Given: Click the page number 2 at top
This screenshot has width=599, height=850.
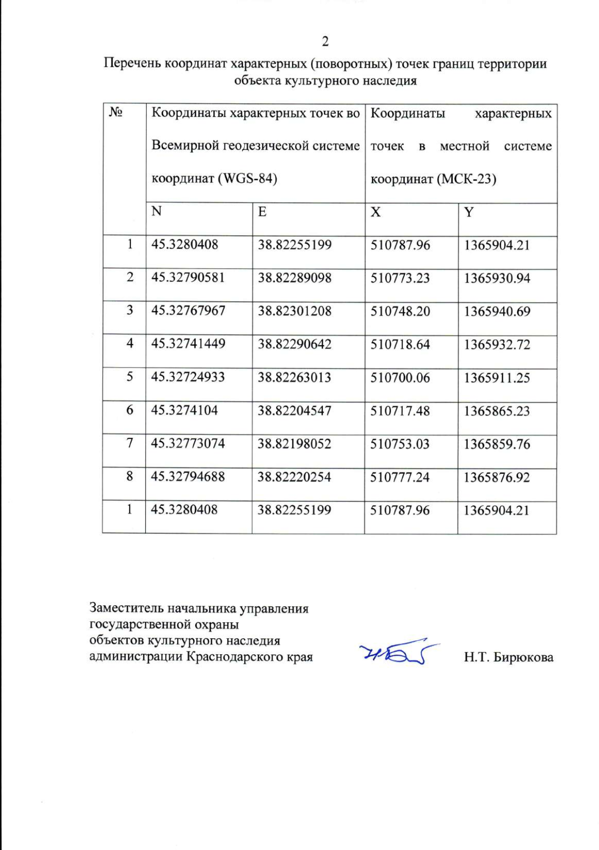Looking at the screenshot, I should (x=325, y=41).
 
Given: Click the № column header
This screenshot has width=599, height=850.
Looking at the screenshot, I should (x=116, y=112).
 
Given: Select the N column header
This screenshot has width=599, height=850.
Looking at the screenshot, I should (x=157, y=211).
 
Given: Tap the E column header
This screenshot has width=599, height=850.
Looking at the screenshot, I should (x=262, y=212).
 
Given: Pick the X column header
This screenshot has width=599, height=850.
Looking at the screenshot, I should (x=375, y=212).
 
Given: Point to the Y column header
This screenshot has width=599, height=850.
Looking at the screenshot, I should (x=468, y=212).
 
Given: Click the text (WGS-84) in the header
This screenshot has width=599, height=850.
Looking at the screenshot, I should (x=248, y=178).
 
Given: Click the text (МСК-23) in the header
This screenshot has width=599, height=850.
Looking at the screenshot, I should (x=466, y=179).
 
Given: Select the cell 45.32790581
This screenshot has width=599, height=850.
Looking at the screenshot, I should (x=188, y=277).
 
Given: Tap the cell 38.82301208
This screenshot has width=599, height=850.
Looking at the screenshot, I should (x=295, y=311).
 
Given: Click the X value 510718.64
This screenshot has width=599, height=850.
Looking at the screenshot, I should (x=400, y=344).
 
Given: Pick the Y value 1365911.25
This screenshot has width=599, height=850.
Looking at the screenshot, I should (x=497, y=378).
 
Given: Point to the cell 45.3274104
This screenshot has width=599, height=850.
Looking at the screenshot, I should (x=185, y=410).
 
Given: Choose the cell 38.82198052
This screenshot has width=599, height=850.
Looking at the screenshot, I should (x=294, y=443).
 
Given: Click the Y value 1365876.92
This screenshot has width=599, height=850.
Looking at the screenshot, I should (x=496, y=477).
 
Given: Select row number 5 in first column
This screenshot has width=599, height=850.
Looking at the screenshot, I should (x=130, y=377).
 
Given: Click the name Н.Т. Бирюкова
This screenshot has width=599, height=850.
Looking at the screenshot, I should (x=508, y=657).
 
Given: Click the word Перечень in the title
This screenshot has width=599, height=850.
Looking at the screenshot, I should (x=132, y=64).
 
